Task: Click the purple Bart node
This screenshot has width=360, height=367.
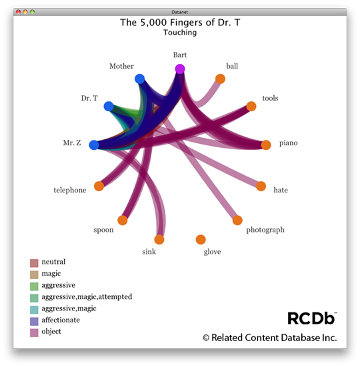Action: click(180, 69)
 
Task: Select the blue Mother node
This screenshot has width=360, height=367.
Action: click(139, 79)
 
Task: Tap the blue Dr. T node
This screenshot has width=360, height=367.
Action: click(109, 107)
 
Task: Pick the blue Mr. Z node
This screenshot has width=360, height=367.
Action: click(94, 145)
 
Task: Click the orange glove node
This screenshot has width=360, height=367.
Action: click(201, 239)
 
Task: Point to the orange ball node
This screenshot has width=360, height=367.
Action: click(220, 79)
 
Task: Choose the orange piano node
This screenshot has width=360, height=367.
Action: click(266, 145)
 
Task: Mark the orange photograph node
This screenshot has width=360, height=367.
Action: click(237, 220)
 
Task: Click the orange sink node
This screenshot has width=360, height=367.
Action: click(159, 239)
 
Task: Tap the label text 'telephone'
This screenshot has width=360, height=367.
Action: click(70, 190)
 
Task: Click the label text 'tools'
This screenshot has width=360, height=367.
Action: click(270, 98)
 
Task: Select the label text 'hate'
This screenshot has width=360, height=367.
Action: click(281, 190)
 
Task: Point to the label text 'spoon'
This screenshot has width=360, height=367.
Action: click(103, 230)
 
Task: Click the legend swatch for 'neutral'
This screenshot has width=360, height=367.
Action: click(34, 263)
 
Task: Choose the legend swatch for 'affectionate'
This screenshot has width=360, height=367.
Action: click(34, 321)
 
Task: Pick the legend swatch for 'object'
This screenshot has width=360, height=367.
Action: click(34, 332)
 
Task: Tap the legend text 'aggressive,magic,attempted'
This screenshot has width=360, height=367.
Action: click(87, 297)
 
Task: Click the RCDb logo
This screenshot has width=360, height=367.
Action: click(312, 318)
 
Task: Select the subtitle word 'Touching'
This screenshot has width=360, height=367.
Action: click(180, 33)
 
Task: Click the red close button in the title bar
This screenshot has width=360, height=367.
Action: click(18, 12)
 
